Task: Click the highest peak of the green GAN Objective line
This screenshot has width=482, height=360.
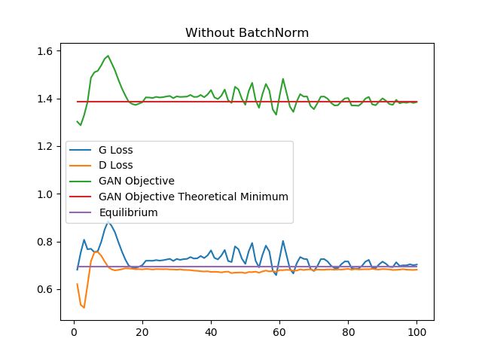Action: tap(108, 56)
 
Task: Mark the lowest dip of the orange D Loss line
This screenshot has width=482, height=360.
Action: tap(84, 307)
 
